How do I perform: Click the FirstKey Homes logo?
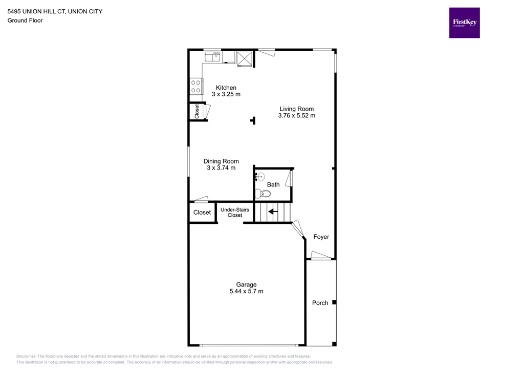(x=464, y=23)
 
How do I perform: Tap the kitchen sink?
(x=212, y=56)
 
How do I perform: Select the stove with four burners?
(x=196, y=86)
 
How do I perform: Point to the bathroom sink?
(x=259, y=177)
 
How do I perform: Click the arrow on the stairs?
(x=273, y=212)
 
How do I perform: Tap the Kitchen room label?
(x=226, y=88)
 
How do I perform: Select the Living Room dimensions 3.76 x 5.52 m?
(x=297, y=115)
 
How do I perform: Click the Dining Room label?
(x=221, y=161)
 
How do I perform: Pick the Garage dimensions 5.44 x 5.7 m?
(x=246, y=291)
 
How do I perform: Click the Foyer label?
(x=321, y=237)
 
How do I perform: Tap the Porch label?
(x=320, y=303)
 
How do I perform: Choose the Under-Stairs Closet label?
(x=235, y=213)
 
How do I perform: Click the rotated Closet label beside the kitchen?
(x=197, y=111)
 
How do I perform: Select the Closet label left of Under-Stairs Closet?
(x=202, y=213)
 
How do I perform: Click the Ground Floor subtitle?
(x=25, y=20)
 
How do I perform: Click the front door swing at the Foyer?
(x=321, y=255)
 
